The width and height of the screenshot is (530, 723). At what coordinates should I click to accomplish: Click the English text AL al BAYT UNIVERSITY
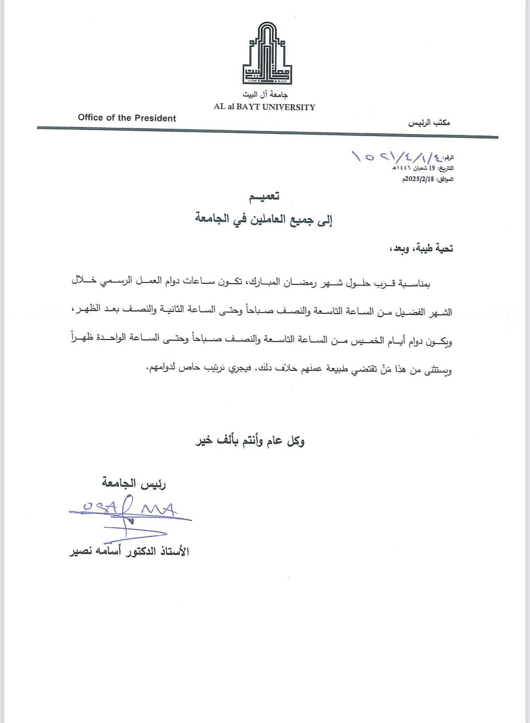(x=265, y=107)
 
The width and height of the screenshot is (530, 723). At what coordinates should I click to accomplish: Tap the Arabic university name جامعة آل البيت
(x=265, y=95)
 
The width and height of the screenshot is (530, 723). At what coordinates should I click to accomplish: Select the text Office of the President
(x=127, y=118)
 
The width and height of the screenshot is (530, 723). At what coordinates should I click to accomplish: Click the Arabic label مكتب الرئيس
(x=429, y=123)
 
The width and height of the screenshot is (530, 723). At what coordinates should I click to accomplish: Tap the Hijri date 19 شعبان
(x=419, y=168)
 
